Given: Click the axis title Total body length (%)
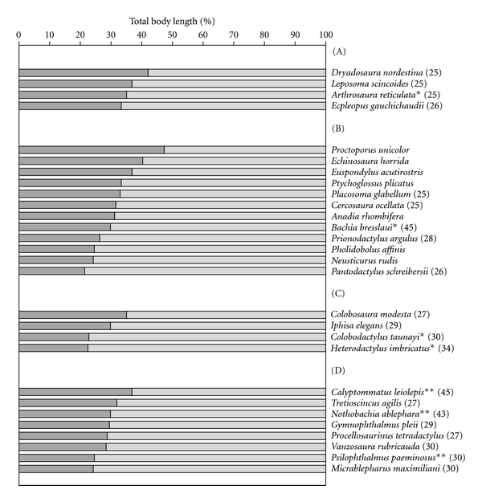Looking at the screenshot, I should click(171, 18).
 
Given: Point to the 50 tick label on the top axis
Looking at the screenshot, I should click(172, 35).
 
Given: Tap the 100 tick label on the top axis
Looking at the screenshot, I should click(325, 35).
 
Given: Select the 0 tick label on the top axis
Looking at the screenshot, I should click(19, 35).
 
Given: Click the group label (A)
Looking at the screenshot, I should click(339, 51).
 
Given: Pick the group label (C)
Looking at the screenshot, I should click(339, 293).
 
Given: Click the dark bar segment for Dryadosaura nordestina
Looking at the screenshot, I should click(83, 73).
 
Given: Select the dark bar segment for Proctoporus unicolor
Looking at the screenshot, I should click(92, 149).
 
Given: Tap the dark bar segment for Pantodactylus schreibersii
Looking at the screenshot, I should click(51, 271).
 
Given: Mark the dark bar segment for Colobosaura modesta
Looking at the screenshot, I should click(72, 314).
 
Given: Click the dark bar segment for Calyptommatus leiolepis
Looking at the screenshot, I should click(76, 391).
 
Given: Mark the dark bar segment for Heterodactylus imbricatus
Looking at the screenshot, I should click(53, 348).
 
